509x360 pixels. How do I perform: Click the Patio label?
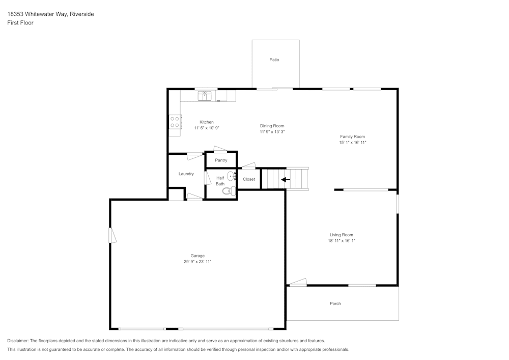click(x=274, y=60)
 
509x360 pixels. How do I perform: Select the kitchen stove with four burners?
click(x=175, y=122)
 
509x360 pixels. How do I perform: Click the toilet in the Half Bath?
click(x=230, y=191)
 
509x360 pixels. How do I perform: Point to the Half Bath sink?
click(x=231, y=176)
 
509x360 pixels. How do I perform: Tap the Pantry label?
click(x=221, y=160)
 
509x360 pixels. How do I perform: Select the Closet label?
click(x=249, y=179)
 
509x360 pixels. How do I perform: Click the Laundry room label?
click(x=186, y=174)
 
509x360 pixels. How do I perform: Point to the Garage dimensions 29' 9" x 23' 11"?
click(x=197, y=262)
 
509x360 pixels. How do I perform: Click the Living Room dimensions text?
click(x=341, y=241)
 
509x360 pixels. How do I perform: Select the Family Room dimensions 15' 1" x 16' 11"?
click(x=353, y=143)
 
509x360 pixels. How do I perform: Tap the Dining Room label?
click(x=272, y=126)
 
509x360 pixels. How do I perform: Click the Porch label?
click(x=335, y=303)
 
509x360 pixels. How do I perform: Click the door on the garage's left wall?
click(x=112, y=235)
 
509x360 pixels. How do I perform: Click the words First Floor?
click(x=20, y=23)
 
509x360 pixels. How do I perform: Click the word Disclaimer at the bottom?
click(x=18, y=341)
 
